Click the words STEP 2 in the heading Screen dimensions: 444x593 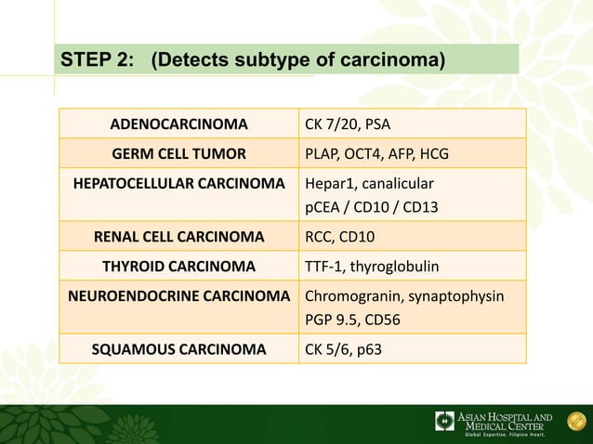click(x=97, y=61)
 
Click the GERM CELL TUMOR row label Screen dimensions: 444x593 click(x=178, y=152)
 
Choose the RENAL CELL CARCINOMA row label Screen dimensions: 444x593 click(x=178, y=237)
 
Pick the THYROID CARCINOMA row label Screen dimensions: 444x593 click(x=178, y=267)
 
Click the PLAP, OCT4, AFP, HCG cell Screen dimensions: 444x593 click(x=374, y=152)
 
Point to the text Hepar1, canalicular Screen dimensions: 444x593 click(x=369, y=181)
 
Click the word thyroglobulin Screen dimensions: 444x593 click(x=399, y=267)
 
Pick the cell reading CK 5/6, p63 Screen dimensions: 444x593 click(x=343, y=350)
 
